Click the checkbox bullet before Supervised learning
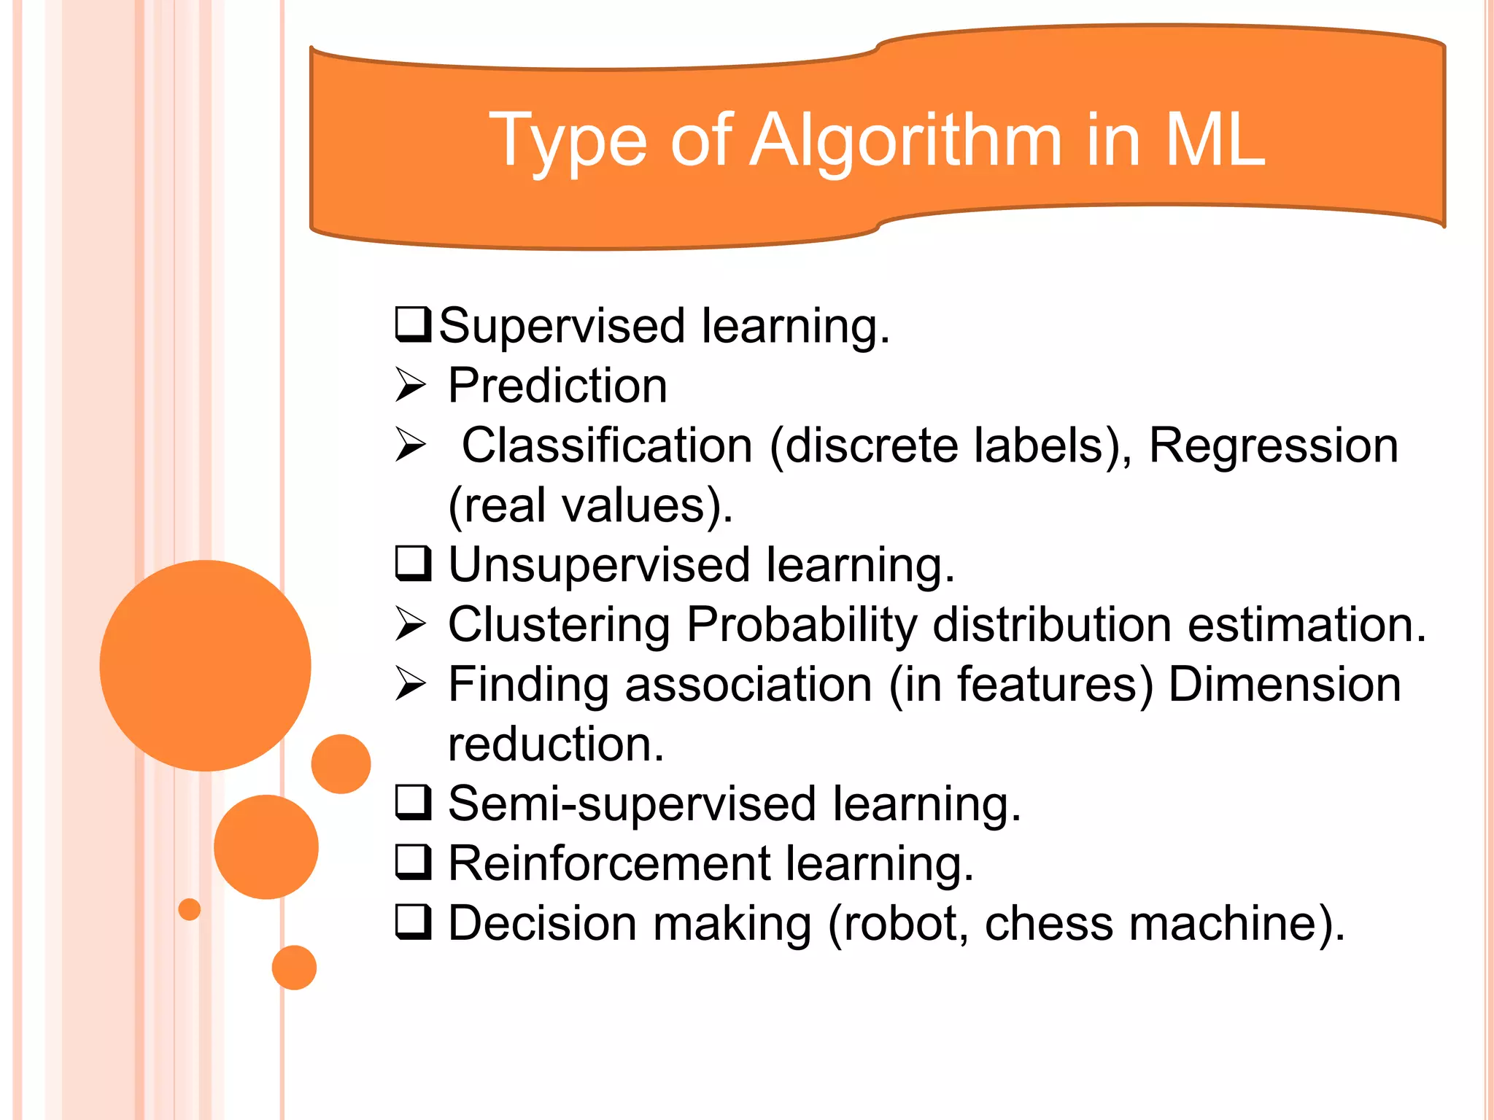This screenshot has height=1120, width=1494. click(x=413, y=325)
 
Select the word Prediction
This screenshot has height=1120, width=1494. click(x=557, y=386)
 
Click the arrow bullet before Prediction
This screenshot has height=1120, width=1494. click(x=410, y=385)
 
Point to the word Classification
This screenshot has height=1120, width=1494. click(x=607, y=446)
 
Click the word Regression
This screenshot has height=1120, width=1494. click(x=1273, y=446)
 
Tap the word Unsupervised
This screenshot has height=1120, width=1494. click(x=599, y=565)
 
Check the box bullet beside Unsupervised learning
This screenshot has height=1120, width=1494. click(x=413, y=564)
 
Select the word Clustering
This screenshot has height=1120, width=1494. click(x=559, y=625)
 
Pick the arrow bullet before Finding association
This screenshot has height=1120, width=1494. click(x=410, y=684)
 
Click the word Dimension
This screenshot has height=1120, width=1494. click(x=1284, y=685)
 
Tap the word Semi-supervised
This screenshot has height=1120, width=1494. click(x=632, y=804)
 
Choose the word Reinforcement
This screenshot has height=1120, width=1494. click(x=609, y=864)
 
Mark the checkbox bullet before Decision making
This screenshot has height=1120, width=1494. click(x=413, y=922)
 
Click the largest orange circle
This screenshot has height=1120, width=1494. click(x=205, y=665)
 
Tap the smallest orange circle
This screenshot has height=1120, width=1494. click(x=189, y=909)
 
